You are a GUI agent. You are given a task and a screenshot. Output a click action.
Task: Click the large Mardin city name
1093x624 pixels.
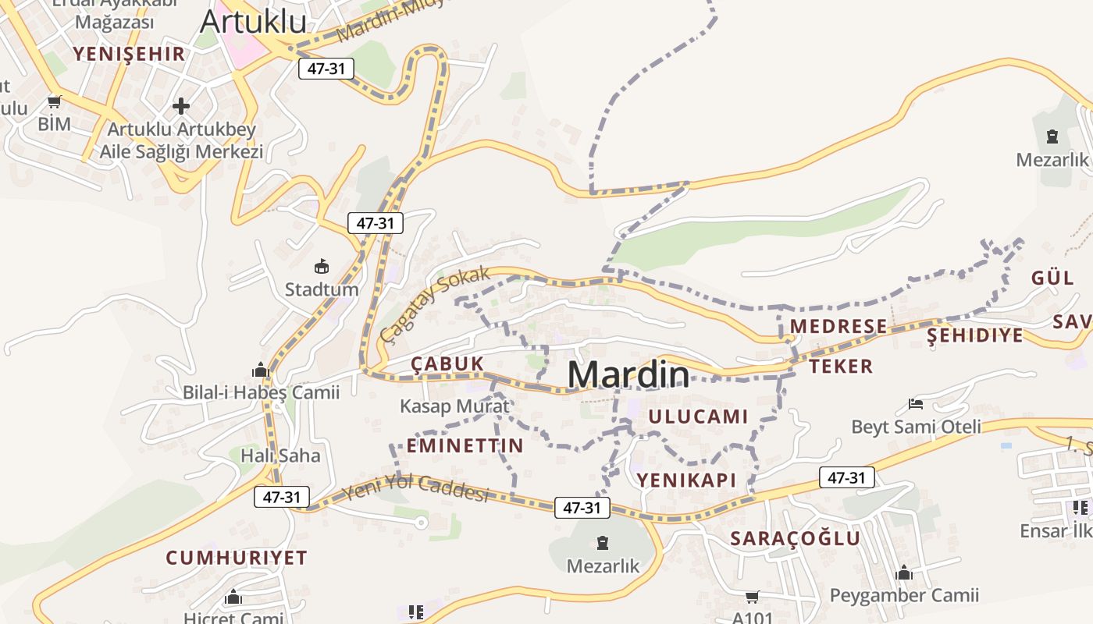coord(628,375)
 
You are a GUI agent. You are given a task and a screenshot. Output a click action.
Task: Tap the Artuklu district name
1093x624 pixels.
coord(253,21)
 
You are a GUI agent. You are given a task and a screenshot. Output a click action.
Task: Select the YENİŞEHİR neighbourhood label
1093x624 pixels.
coord(129,54)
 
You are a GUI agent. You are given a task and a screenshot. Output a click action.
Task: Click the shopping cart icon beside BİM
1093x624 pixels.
coord(54,101)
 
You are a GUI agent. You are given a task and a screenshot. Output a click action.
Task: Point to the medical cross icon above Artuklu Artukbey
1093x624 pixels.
coord(181,105)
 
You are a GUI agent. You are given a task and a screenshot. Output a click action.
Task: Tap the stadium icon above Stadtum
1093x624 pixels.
coord(321,267)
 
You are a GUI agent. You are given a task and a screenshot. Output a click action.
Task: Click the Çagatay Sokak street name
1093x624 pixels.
coord(435,303)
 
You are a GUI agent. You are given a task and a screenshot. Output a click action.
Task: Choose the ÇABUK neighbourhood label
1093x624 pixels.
coord(447,363)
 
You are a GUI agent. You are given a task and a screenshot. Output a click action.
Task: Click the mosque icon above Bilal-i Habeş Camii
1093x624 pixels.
coord(261,370)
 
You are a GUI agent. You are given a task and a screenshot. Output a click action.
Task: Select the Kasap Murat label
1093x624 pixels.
coord(454,406)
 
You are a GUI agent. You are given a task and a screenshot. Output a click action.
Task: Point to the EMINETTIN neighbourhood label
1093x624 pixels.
coord(465,446)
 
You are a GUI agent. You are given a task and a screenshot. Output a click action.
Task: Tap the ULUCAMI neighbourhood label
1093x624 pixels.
coord(698,417)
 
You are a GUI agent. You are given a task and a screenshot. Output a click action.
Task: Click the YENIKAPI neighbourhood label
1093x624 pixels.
coord(686,480)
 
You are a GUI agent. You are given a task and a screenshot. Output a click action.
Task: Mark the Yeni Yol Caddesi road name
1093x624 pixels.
coord(415,488)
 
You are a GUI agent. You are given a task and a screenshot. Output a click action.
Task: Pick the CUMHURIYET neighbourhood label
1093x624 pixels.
coord(236,558)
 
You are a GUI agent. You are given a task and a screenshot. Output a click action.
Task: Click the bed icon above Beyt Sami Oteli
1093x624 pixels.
coord(916,404)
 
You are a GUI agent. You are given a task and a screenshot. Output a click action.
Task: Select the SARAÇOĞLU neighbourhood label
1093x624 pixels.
coord(795,538)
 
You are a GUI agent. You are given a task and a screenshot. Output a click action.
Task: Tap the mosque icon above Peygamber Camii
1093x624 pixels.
coord(904,573)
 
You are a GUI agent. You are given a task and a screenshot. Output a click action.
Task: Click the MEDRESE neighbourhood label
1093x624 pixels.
coord(838,326)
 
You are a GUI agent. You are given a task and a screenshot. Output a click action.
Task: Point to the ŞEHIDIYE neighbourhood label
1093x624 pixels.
coord(974,335)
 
